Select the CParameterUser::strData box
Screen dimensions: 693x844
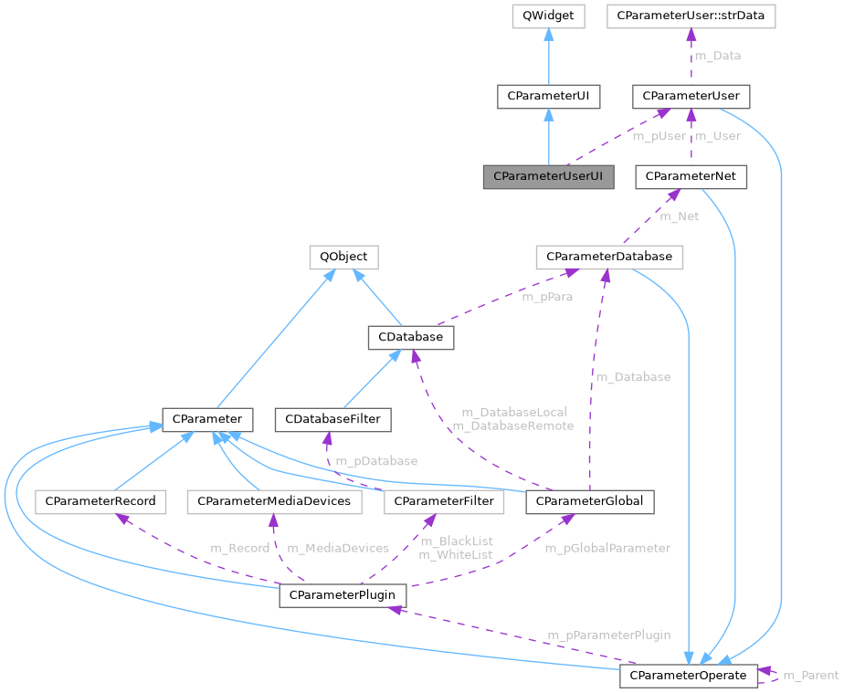[691, 16]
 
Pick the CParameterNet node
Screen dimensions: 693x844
[691, 176]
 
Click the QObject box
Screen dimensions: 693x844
[343, 257]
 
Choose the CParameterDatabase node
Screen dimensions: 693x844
[608, 257]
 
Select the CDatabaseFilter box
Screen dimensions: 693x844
[333, 420]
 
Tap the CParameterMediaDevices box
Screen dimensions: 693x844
[274, 500]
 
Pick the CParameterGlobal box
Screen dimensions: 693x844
[589, 500]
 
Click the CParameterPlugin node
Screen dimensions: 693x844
[342, 595]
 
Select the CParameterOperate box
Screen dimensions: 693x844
[689, 676]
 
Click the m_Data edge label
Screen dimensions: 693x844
[717, 56]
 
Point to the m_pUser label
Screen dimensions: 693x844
[659, 136]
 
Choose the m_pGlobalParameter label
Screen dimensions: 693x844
[607, 548]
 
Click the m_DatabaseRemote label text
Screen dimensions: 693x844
[512, 425]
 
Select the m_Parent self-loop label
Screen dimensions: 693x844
[811, 676]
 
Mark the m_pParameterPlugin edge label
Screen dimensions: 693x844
[608, 635]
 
